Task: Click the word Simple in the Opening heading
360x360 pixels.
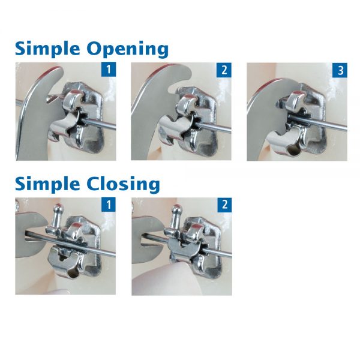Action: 47,49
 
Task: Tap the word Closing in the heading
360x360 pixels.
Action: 123,184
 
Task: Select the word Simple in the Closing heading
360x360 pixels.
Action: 47,184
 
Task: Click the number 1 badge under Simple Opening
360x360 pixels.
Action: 109,70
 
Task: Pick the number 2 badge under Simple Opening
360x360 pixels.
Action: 224,70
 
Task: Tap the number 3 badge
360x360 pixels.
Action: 340,70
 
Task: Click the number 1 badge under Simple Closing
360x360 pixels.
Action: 109,205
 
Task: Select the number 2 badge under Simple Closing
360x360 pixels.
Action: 224,205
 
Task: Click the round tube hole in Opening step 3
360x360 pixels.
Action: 293,151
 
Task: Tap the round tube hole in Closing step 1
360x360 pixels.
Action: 73,274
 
